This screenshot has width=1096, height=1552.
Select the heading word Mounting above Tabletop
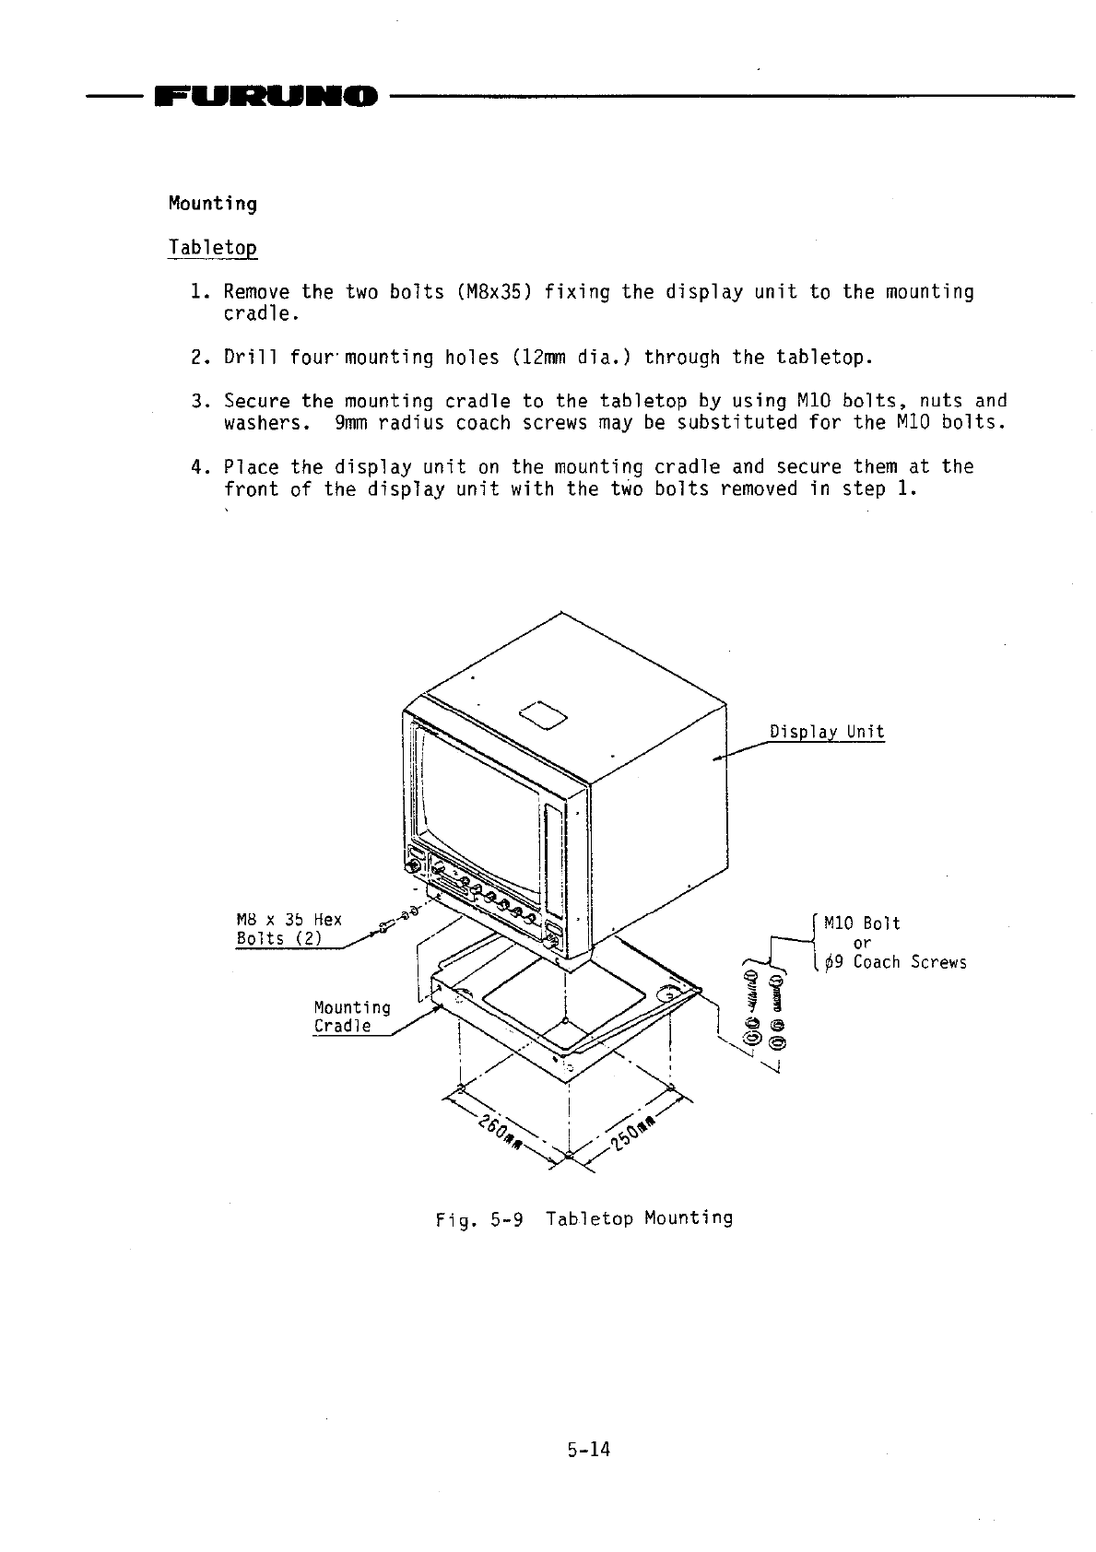point(212,204)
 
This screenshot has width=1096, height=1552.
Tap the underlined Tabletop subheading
point(212,248)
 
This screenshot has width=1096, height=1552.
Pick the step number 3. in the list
point(195,401)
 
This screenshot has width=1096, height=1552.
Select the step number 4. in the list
point(195,466)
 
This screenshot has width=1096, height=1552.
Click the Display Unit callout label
point(826,733)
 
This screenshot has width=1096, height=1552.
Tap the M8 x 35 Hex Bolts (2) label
point(288,929)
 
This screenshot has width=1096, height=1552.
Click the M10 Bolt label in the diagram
point(861,923)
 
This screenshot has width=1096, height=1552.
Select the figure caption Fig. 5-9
point(479,1219)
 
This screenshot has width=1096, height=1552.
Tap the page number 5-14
point(589,1450)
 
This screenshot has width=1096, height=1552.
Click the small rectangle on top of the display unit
point(543,713)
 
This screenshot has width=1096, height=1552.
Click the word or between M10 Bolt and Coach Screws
point(862,943)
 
